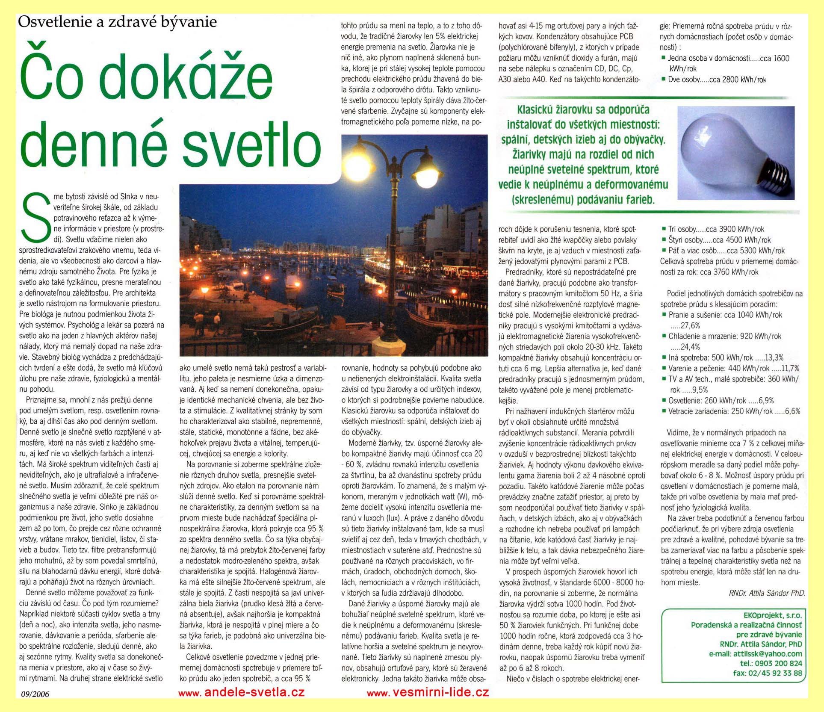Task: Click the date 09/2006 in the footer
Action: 35,694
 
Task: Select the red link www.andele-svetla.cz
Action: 241,692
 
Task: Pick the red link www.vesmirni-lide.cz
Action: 428,692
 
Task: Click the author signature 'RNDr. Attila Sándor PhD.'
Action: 767,593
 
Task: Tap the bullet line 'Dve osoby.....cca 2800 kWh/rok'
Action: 717,80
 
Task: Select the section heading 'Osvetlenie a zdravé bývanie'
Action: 117,22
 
